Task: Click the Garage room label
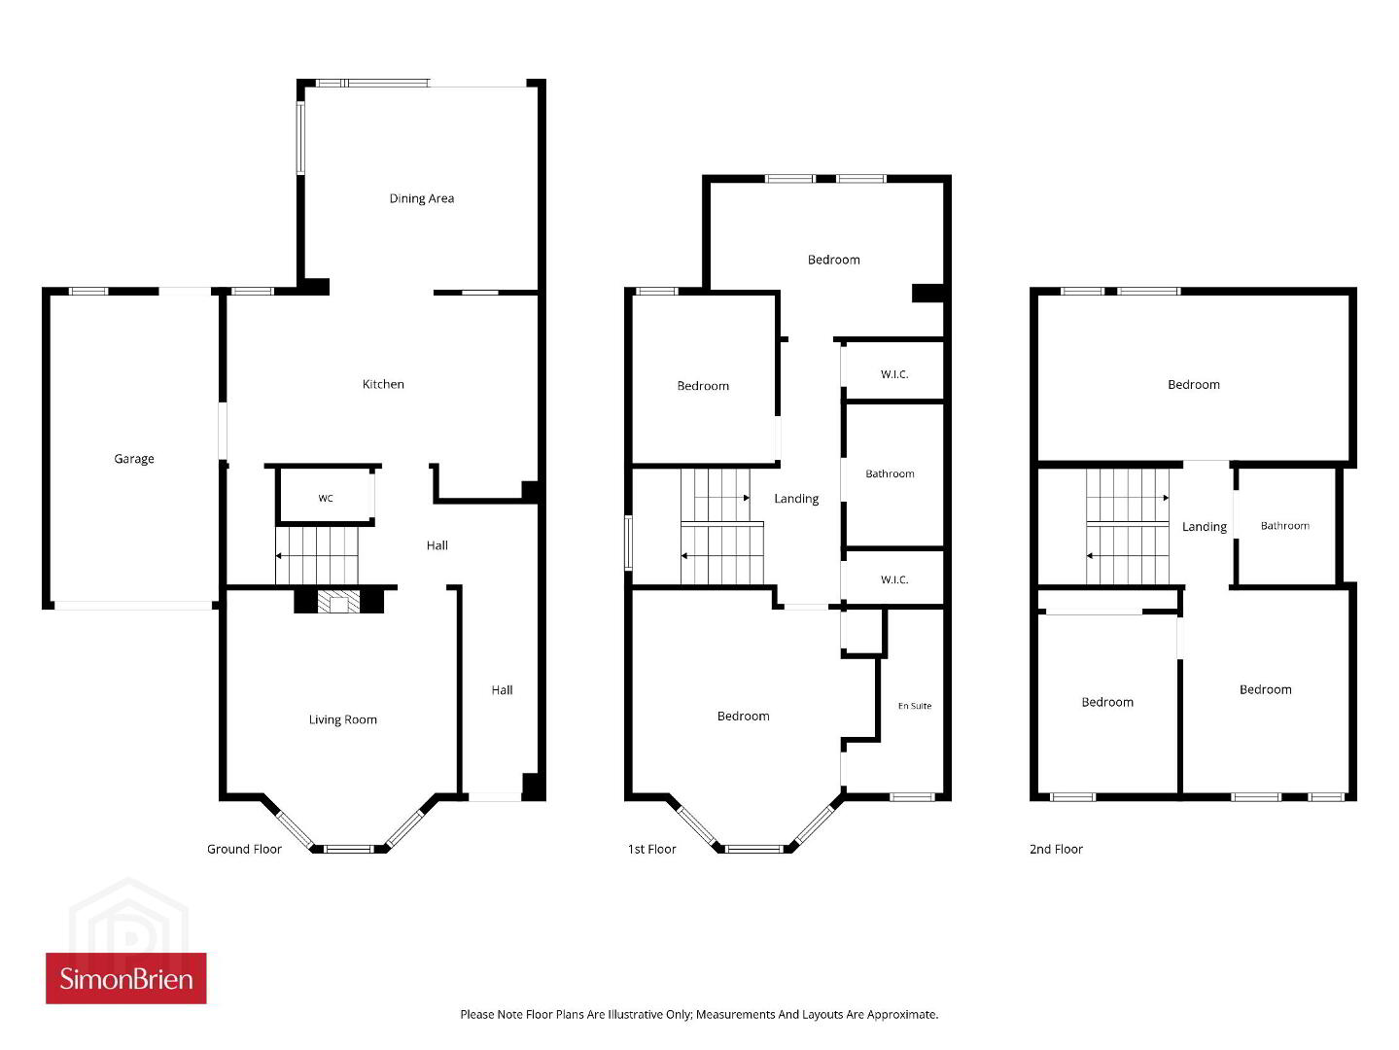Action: (x=134, y=459)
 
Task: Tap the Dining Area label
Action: (x=421, y=198)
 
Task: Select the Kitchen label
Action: (x=382, y=384)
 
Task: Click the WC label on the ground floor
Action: (x=326, y=498)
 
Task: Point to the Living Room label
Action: (x=343, y=720)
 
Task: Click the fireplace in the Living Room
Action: (x=338, y=601)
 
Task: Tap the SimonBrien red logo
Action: (x=126, y=978)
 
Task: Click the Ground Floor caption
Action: (x=244, y=849)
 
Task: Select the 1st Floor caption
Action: (x=651, y=849)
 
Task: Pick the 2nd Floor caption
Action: (x=1056, y=849)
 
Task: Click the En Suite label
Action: (x=915, y=706)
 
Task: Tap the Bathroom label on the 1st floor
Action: (x=890, y=473)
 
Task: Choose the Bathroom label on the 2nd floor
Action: (x=1285, y=526)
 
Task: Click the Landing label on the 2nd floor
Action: (x=1204, y=527)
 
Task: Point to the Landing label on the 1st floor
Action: (x=796, y=499)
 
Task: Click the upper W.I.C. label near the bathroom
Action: (x=894, y=374)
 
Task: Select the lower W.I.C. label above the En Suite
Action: (x=894, y=579)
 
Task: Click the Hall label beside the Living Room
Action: (x=502, y=690)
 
